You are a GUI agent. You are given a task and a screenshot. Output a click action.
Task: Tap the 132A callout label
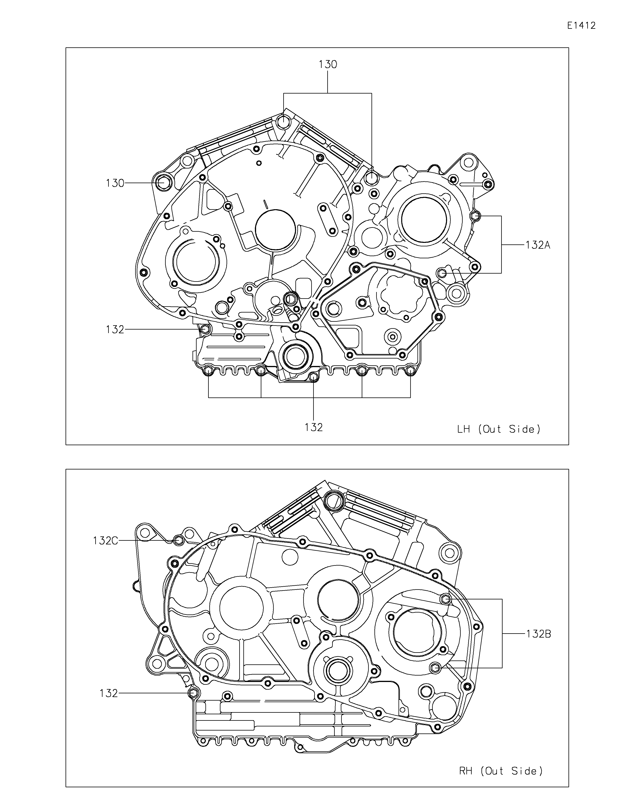(x=538, y=245)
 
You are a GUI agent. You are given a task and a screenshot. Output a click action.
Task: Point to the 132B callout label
(x=538, y=634)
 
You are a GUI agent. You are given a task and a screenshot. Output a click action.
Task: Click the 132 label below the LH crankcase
(x=314, y=427)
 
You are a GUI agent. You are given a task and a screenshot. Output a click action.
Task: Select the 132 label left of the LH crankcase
(x=115, y=329)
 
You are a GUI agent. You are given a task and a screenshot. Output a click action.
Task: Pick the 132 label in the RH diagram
(x=108, y=693)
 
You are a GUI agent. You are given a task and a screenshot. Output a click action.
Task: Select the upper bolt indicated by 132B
(x=446, y=599)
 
